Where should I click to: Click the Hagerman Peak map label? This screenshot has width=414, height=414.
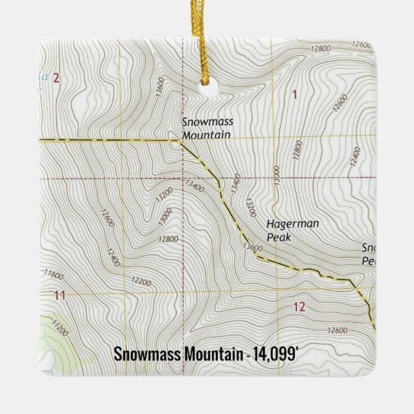point(287,231)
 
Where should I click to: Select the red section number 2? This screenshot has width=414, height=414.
point(57,78)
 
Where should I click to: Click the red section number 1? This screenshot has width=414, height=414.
point(294,95)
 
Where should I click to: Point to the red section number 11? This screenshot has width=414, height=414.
point(60,295)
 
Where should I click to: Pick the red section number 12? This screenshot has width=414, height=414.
point(299,307)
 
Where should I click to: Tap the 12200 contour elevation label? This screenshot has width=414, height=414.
point(141,282)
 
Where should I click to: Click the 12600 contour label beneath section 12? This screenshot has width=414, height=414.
point(337,330)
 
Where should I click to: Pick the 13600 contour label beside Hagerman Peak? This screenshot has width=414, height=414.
point(254,246)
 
